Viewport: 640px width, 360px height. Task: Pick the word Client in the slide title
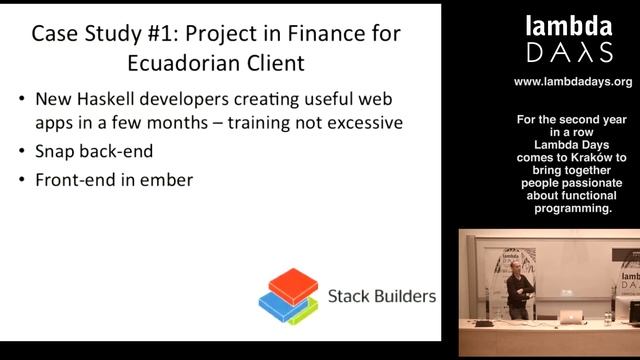pos(274,63)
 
